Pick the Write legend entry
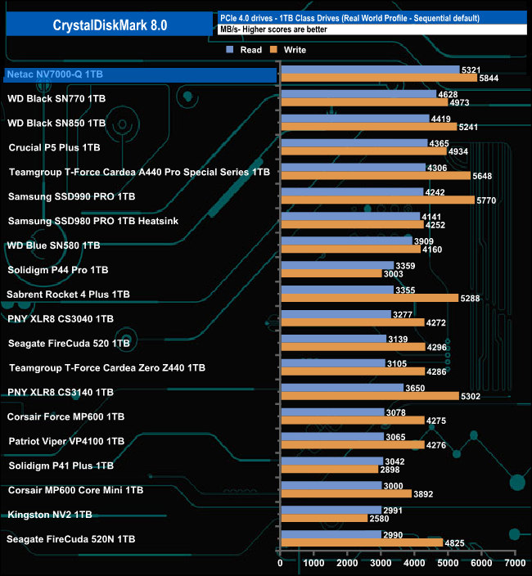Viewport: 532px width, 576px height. (x=290, y=50)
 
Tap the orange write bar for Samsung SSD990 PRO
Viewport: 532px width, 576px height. (x=376, y=200)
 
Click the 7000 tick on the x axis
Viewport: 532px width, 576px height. (x=515, y=563)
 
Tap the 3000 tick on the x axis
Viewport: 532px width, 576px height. (x=381, y=563)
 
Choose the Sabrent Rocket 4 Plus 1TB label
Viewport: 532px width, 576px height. (x=68, y=295)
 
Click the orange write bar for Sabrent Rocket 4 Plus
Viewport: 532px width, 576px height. (x=368, y=298)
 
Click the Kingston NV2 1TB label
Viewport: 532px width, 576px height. (x=49, y=515)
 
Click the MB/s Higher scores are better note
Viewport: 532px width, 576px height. (x=278, y=29)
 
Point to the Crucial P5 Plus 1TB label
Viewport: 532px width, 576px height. (x=54, y=148)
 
